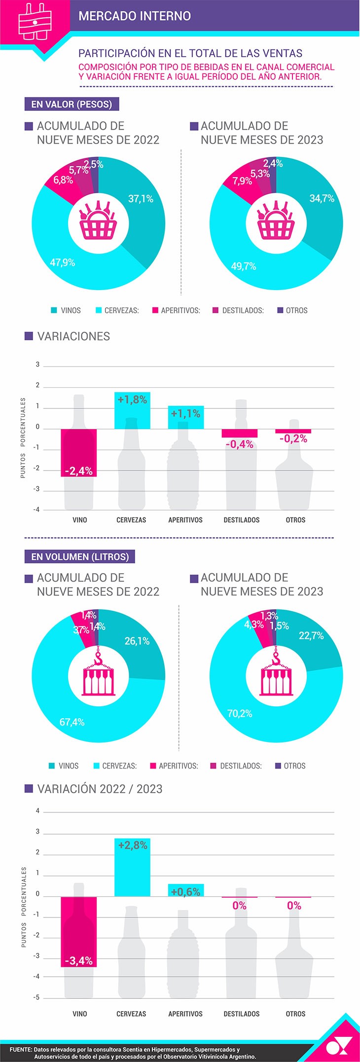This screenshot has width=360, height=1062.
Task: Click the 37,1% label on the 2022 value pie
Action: [141, 199]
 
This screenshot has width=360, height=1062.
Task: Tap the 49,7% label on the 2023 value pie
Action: [244, 266]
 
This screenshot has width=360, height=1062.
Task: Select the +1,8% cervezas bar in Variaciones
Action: [132, 410]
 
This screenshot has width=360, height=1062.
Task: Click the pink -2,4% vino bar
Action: [79, 452]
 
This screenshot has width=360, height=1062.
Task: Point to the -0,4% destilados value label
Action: [240, 444]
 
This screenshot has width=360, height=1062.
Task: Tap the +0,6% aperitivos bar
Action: [185, 890]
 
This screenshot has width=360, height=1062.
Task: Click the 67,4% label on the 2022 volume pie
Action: [72, 722]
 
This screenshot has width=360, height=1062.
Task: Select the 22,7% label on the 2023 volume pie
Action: [311, 636]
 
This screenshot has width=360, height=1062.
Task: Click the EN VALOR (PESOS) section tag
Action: [72, 104]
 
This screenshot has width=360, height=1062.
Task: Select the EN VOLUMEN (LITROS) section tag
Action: [80, 556]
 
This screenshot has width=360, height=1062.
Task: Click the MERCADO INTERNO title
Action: [135, 16]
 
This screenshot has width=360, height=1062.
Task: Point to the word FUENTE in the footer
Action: [21, 1049]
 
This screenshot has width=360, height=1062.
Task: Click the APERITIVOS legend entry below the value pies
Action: [176, 311]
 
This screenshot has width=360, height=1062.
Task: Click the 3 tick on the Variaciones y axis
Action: [37, 365]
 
